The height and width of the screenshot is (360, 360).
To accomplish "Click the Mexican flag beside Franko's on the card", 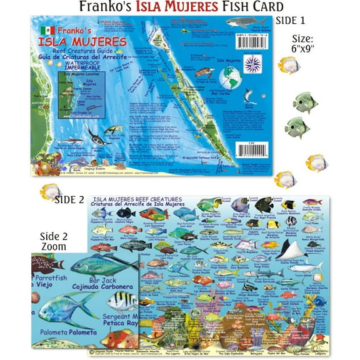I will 44,31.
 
